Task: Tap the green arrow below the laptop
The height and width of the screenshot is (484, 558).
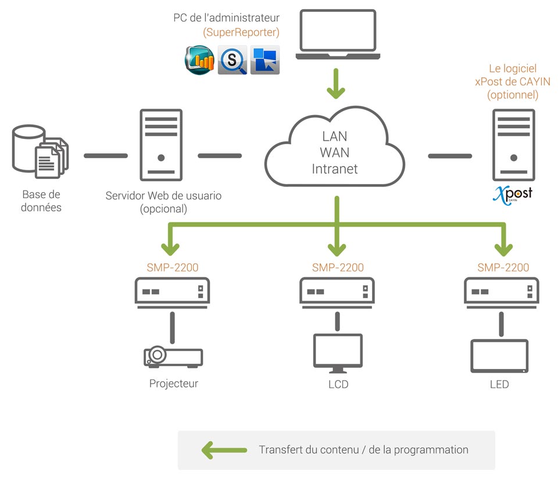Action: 335,83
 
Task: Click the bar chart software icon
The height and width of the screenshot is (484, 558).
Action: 199,60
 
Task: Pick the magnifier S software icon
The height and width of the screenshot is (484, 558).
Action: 233,60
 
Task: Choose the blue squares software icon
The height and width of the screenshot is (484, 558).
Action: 265,60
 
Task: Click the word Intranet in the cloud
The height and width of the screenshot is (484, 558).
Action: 335,169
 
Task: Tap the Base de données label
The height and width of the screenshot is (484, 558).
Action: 41,201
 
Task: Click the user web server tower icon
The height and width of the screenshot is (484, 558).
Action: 161,145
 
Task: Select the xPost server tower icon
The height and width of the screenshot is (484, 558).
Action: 513,145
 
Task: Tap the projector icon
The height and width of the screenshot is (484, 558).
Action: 173,356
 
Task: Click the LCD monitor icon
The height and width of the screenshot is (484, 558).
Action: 338,353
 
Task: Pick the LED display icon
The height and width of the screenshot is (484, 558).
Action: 499,356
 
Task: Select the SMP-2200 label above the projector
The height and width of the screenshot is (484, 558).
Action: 173,268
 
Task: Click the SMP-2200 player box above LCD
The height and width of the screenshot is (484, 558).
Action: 338,290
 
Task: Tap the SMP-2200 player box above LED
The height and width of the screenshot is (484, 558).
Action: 503,290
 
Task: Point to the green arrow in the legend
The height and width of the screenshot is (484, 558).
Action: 223,450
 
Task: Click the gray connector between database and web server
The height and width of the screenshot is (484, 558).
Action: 106,156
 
